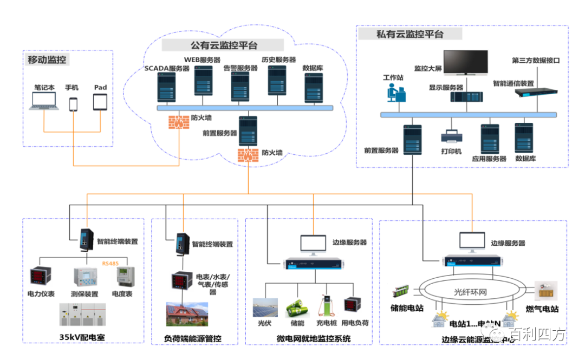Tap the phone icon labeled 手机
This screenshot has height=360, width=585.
tap(73, 104)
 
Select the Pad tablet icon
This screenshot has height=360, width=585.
tap(101, 102)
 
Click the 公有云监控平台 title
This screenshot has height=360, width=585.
tap(223, 45)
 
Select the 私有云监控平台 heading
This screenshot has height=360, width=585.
tap(410, 34)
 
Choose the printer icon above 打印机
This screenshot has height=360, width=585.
tap(451, 136)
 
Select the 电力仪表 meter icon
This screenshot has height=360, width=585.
tap(40, 278)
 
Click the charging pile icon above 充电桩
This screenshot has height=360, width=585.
tap(326, 305)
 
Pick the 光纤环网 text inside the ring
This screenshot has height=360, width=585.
tap(470, 292)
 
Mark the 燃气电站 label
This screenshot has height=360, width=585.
tap(543, 309)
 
